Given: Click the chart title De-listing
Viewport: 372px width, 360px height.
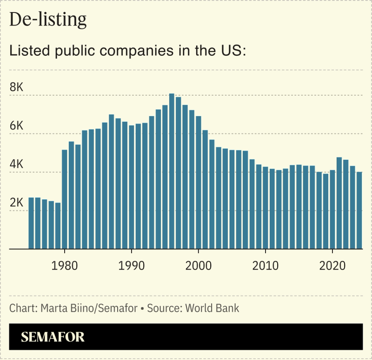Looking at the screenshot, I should [x=48, y=20].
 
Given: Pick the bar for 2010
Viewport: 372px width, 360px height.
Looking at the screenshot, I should [x=265, y=207].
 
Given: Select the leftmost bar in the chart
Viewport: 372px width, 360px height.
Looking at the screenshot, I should [x=31, y=223].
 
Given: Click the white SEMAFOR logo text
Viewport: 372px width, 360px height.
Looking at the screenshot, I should [x=53, y=337].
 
